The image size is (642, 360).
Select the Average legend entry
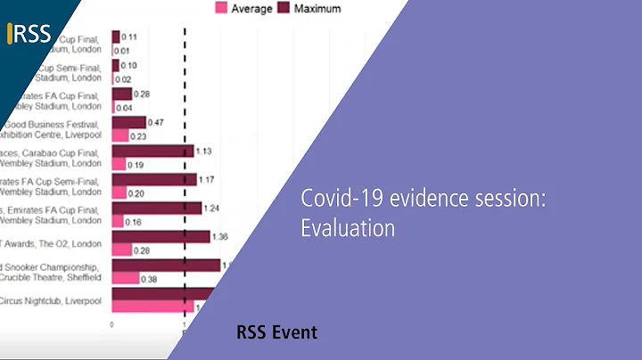pyautogui.click(x=245, y=8)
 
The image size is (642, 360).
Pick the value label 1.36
pyautogui.click(x=222, y=236)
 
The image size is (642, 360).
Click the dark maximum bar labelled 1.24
pyautogui.click(x=157, y=208)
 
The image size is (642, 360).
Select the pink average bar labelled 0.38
pyautogui.click(x=126, y=278)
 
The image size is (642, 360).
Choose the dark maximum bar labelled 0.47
pyautogui.click(x=129, y=121)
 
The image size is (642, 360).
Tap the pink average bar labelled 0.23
pyautogui.click(x=119, y=135)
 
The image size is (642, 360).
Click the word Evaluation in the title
pyautogui.click(x=347, y=227)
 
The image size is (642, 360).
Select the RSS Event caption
pyautogui.click(x=276, y=332)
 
